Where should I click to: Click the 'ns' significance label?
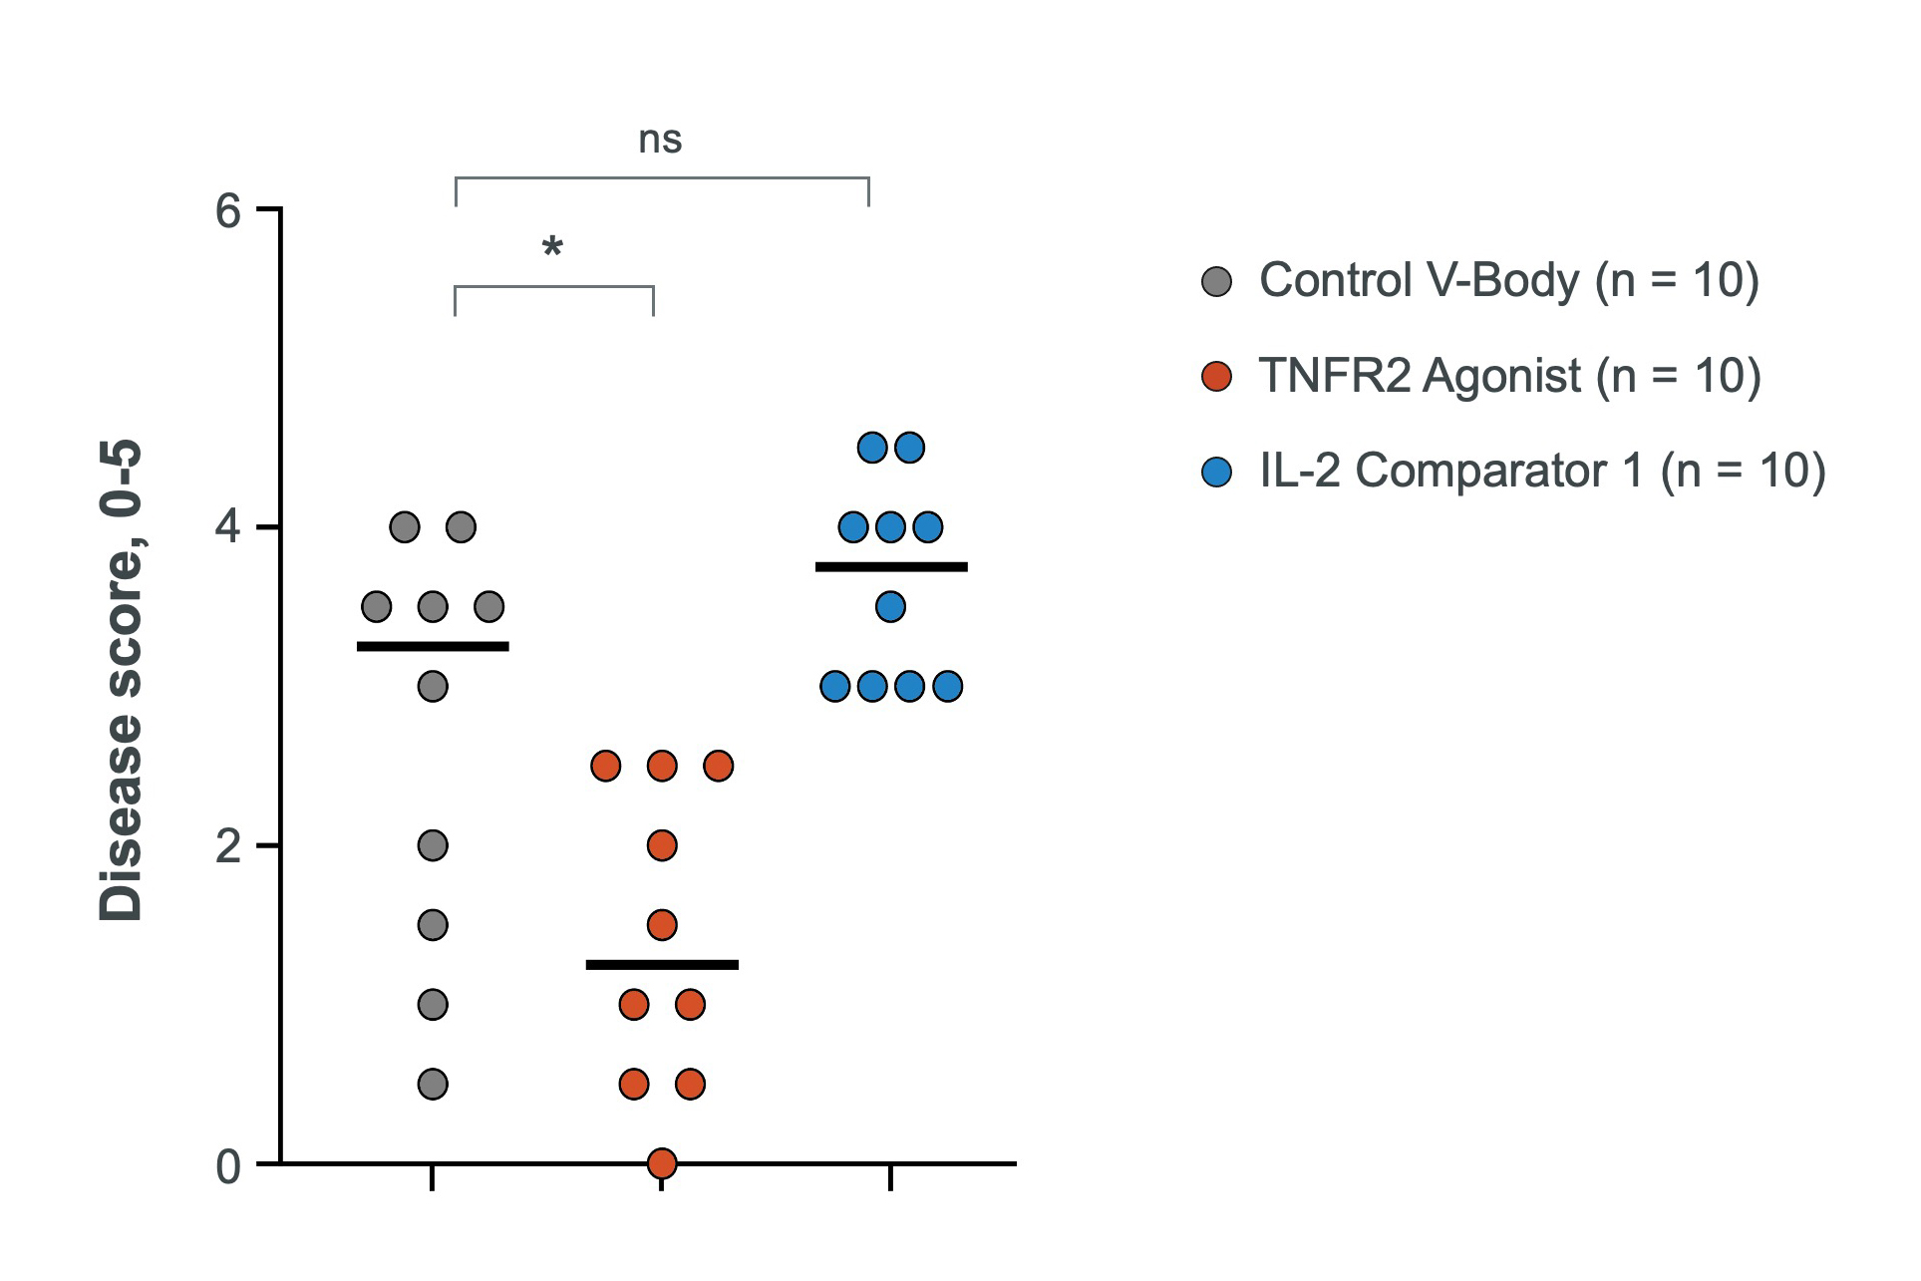tap(660, 141)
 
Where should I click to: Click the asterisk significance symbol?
tap(552, 247)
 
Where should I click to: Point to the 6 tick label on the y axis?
tap(229, 210)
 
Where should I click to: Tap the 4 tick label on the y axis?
tap(229, 527)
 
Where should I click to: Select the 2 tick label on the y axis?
tap(229, 846)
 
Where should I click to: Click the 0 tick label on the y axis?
tap(229, 1165)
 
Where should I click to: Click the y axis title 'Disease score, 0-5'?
tap(122, 681)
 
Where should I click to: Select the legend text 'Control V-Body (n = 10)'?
tap(1509, 280)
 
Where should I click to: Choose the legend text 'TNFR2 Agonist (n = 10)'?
tap(1510, 376)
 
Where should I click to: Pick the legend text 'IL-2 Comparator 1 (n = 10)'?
tap(1542, 471)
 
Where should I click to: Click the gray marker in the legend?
tap(1217, 282)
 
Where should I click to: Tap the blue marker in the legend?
tap(1217, 472)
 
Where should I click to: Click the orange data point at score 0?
tap(662, 1163)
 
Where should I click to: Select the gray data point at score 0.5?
tap(433, 1084)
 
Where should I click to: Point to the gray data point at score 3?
tap(433, 686)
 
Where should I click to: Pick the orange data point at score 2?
tap(662, 845)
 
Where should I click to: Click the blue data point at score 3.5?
tap(890, 606)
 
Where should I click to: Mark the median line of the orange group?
tap(662, 965)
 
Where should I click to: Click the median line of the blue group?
tap(891, 567)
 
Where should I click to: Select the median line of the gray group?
tap(433, 647)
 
